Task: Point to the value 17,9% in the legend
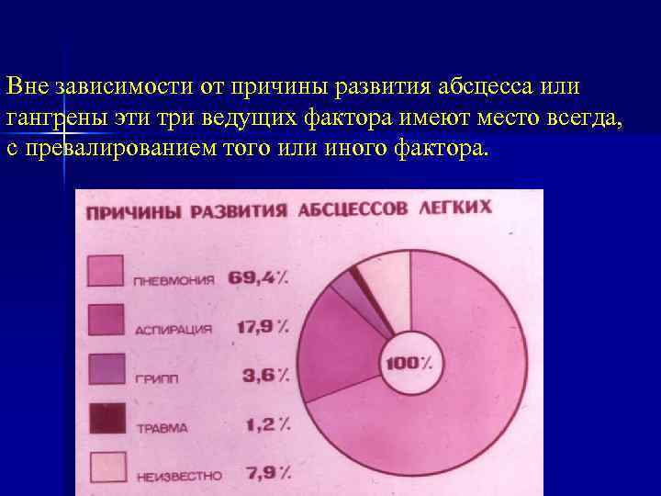click(261, 326)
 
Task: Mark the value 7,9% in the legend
click(267, 474)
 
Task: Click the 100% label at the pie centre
click(409, 362)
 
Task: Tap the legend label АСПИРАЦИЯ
click(174, 329)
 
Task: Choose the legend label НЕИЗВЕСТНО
click(179, 476)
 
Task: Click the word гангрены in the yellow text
click(54, 118)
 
